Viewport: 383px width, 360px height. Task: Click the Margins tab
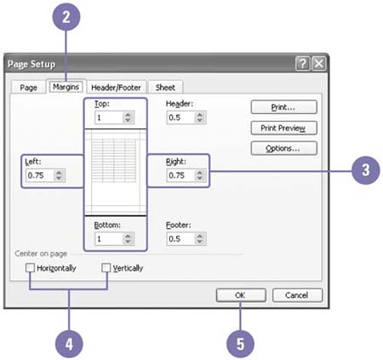pyautogui.click(x=66, y=87)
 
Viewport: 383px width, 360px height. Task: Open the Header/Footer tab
pyautogui.click(x=116, y=88)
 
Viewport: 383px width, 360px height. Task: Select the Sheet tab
pyautogui.click(x=165, y=88)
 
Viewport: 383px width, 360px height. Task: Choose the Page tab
pyautogui.click(x=28, y=88)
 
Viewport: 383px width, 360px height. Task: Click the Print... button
pyautogui.click(x=283, y=107)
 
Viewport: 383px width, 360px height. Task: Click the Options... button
pyautogui.click(x=283, y=148)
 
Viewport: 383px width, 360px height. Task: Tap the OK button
pyautogui.click(x=241, y=295)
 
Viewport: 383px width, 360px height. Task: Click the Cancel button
pyautogui.click(x=297, y=295)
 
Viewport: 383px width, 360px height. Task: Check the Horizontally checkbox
pyautogui.click(x=30, y=267)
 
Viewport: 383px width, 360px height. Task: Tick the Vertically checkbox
pyautogui.click(x=106, y=267)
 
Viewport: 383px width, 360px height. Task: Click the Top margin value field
pyautogui.click(x=109, y=117)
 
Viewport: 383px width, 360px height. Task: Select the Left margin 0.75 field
pyautogui.click(x=40, y=175)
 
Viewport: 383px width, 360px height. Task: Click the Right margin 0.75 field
pyautogui.click(x=180, y=175)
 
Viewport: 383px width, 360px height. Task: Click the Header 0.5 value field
pyautogui.click(x=180, y=117)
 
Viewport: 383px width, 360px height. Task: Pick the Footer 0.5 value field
pyautogui.click(x=180, y=239)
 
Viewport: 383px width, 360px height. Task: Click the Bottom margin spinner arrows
pyautogui.click(x=128, y=239)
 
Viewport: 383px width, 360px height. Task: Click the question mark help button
pyautogui.click(x=302, y=63)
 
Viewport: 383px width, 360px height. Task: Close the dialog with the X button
pyautogui.click(x=318, y=63)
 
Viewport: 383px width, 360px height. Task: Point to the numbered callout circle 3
pyautogui.click(x=365, y=170)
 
